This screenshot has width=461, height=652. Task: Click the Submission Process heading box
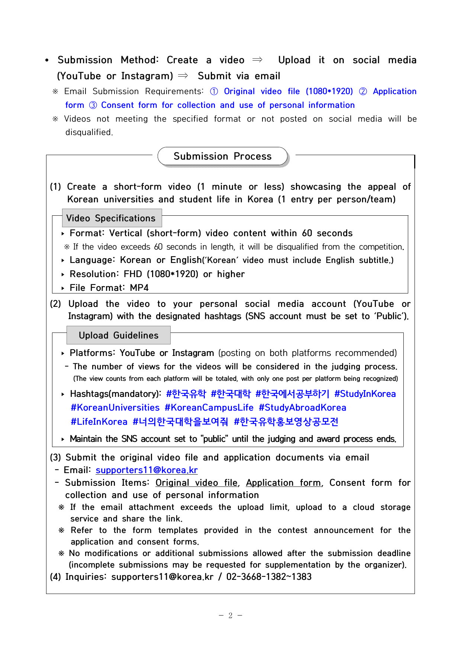click(222, 156)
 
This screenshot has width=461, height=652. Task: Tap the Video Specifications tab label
click(111, 218)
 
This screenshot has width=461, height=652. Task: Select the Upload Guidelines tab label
click(119, 335)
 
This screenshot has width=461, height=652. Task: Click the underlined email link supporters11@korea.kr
click(146, 470)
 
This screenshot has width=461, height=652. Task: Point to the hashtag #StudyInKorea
click(365, 394)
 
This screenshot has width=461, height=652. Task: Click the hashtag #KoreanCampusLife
click(209, 408)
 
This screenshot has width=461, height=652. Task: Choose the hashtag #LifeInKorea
click(99, 422)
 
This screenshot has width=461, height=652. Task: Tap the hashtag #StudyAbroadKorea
click(302, 408)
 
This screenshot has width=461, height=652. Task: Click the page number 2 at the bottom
click(230, 616)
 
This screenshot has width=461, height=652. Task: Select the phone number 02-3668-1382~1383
click(269, 577)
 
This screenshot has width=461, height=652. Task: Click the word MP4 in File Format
click(139, 288)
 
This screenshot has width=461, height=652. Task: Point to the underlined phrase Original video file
click(196, 483)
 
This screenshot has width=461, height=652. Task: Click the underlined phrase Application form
click(283, 483)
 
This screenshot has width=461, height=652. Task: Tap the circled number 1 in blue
click(214, 91)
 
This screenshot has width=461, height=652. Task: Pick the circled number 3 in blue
click(93, 105)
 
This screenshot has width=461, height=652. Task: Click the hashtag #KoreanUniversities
click(115, 408)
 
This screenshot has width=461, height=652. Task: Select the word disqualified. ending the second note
click(89, 132)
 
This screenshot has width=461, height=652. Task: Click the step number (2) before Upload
click(55, 304)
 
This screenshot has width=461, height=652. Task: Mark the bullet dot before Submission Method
click(47, 60)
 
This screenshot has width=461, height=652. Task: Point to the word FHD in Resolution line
click(133, 274)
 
